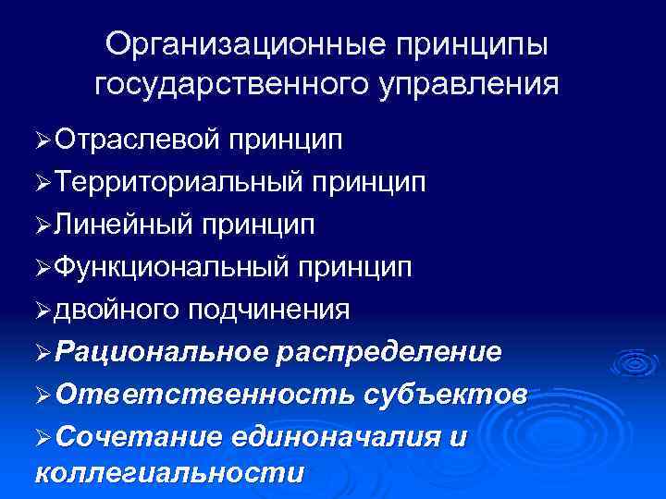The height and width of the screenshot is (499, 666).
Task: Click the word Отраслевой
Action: point(137,140)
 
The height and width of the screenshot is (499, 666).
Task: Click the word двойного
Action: point(117,309)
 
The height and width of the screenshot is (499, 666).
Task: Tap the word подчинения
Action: point(269,309)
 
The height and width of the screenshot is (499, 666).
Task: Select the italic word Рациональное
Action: point(160,351)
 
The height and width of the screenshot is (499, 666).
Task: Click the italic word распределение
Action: point(389,351)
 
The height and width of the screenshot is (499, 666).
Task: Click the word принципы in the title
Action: point(472,44)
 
